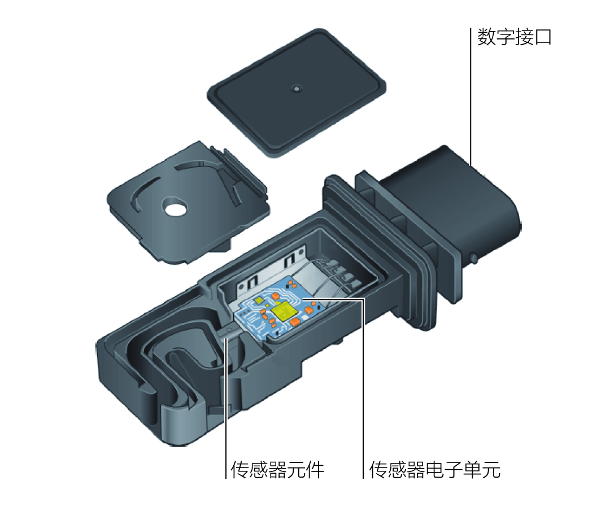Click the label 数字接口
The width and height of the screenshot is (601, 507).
pos(514,38)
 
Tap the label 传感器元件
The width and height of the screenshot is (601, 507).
pos(278,470)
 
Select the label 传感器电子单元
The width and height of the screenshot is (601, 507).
pos(435,470)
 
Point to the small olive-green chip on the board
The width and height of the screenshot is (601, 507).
pos(258,301)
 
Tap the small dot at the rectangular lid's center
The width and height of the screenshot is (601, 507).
pos(296,89)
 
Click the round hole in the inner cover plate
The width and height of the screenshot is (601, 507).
pos(175,209)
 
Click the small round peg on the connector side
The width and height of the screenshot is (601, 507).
pos(473,258)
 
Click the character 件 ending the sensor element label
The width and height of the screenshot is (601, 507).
pos(316,470)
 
